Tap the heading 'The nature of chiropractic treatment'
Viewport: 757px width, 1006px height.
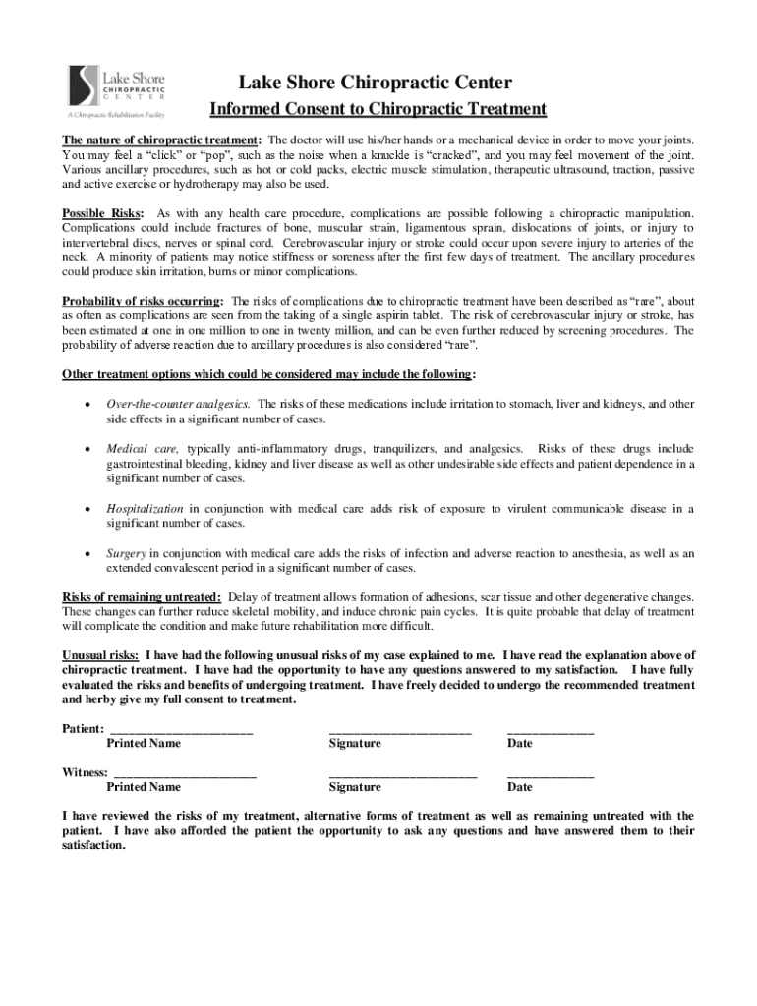[161, 140]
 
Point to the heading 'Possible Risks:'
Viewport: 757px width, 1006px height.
[103, 213]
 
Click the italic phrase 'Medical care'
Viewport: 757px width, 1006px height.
[142, 448]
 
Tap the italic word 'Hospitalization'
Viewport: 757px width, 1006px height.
[145, 508]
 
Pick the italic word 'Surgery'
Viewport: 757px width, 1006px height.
[127, 553]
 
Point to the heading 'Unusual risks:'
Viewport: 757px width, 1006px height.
[100, 655]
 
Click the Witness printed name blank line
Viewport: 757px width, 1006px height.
[184, 774]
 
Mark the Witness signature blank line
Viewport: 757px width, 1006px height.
[402, 774]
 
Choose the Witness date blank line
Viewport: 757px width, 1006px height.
[550, 774]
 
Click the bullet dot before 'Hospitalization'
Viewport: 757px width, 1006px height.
[90, 509]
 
